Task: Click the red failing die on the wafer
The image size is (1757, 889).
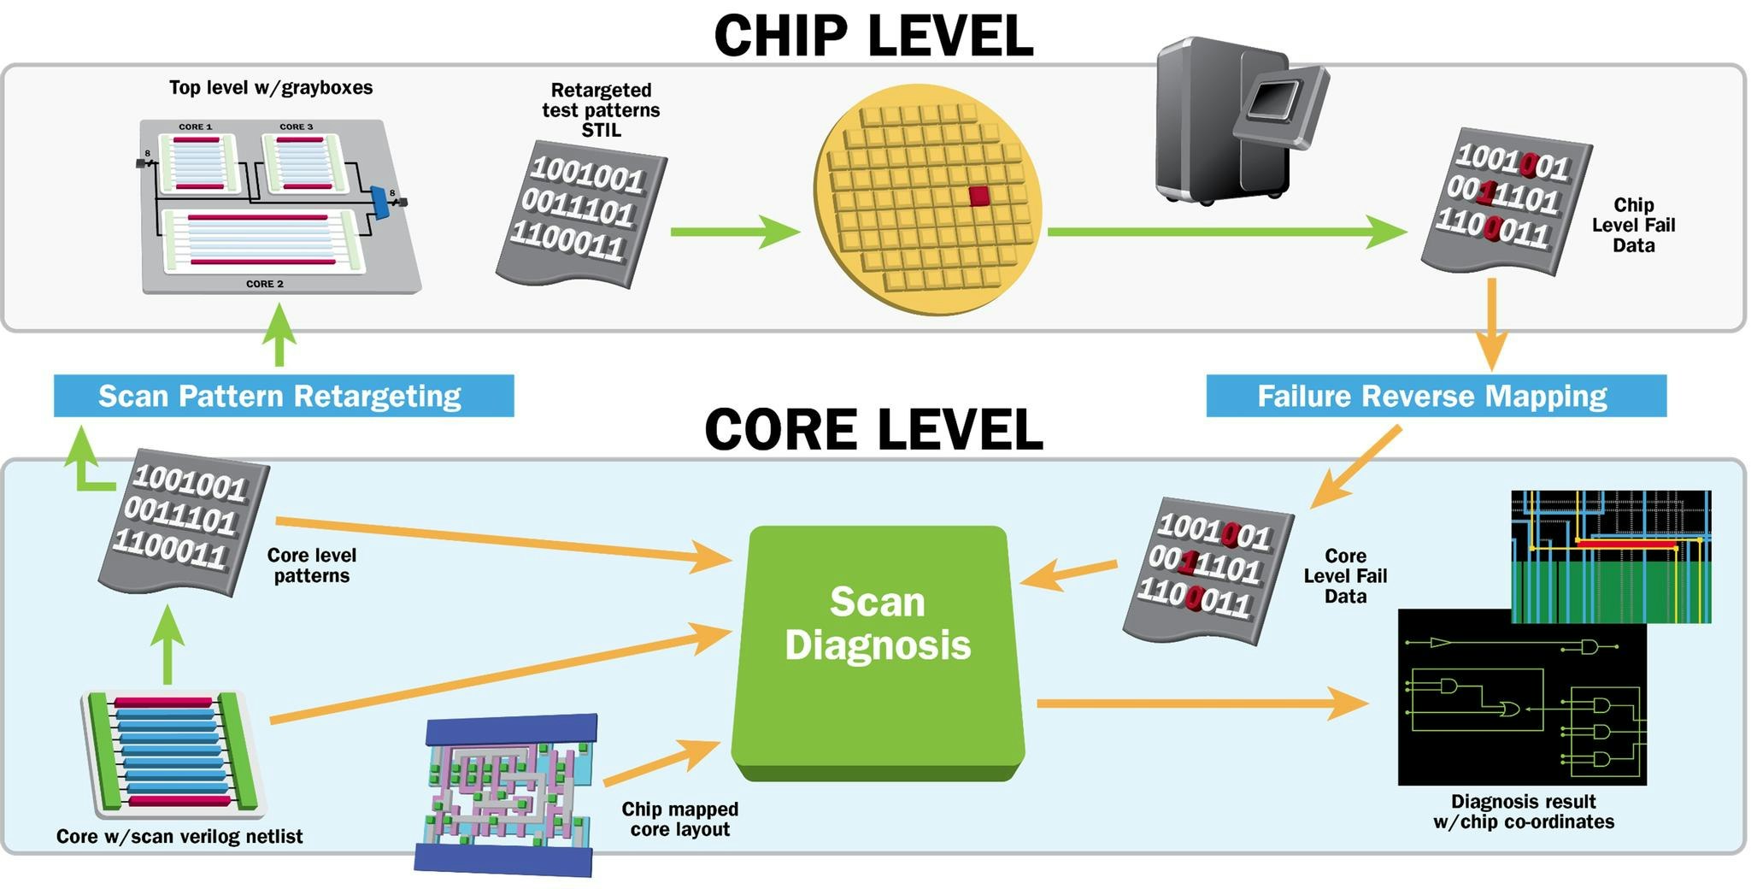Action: point(979,196)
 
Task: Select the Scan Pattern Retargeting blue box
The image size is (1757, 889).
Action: point(283,396)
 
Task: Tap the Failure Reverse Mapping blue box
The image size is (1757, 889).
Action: point(1436,396)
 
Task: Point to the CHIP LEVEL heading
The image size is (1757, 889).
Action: point(873,36)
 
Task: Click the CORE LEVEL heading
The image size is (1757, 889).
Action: point(873,429)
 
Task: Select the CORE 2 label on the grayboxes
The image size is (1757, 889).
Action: point(264,284)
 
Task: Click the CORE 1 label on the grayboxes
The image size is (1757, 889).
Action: point(195,127)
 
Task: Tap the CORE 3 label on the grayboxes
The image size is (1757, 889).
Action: point(296,127)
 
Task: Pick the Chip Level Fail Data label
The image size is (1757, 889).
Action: point(1633,225)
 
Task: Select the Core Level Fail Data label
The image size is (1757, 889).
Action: point(1345,576)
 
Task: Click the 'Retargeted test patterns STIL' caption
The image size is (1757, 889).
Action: point(601,110)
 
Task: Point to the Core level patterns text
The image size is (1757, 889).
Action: point(312,565)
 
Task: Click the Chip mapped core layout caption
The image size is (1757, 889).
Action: point(679,819)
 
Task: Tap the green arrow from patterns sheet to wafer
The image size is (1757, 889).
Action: point(735,232)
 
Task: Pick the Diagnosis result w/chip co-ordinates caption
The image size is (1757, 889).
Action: point(1524,811)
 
